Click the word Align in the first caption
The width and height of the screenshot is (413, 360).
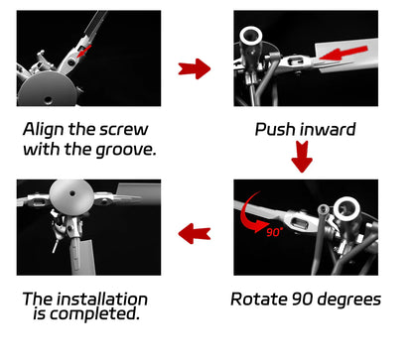(x=46, y=128)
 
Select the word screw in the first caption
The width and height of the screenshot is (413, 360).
(x=142, y=128)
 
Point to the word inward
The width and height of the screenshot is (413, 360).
(x=331, y=129)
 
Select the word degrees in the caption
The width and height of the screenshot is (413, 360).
(x=349, y=300)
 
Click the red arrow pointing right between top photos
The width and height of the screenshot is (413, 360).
(x=194, y=68)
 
